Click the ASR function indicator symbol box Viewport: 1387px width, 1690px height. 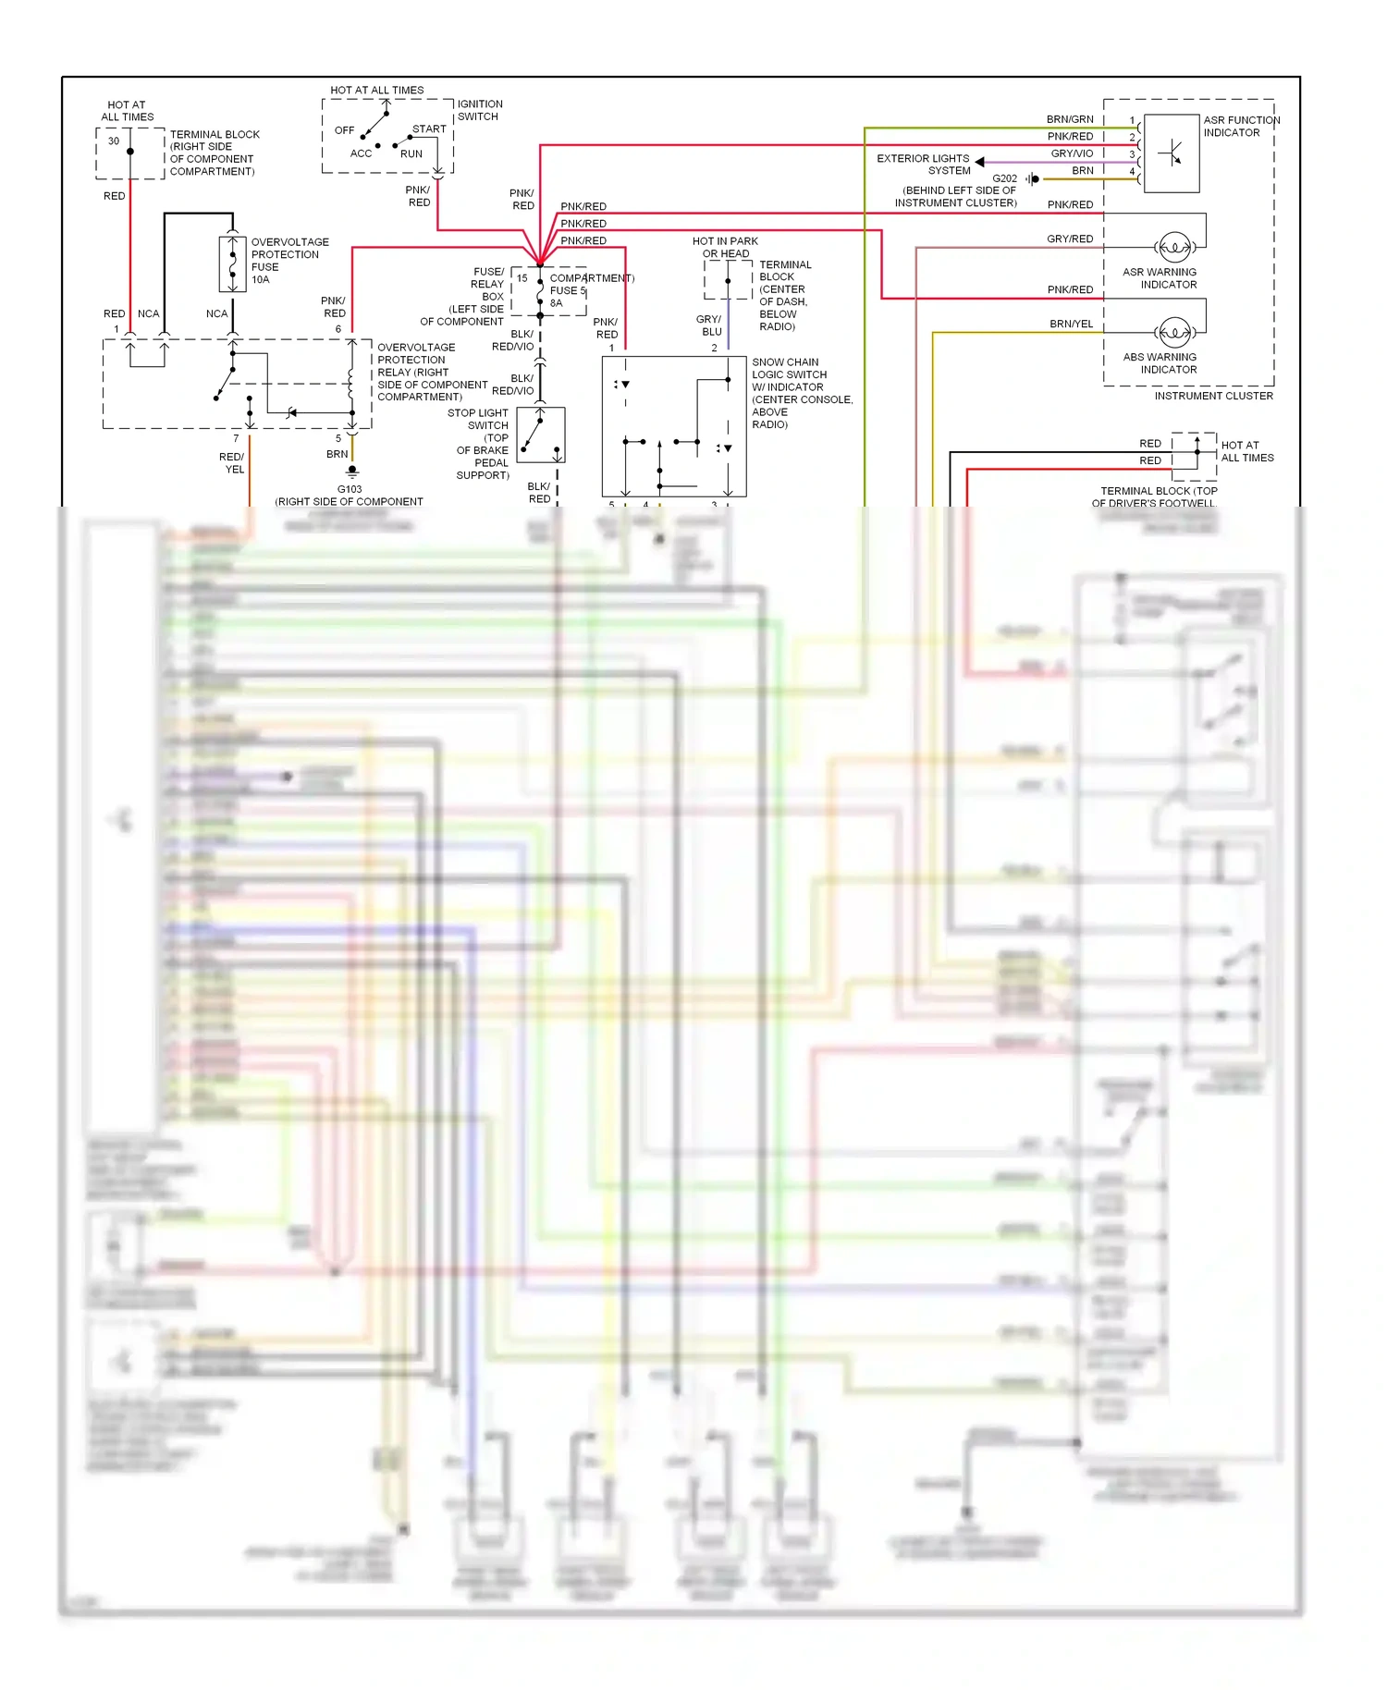(x=1172, y=153)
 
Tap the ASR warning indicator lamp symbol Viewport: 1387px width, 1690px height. (x=1174, y=247)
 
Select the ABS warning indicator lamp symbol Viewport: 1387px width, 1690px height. (x=1174, y=332)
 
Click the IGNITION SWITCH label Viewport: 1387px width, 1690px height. (x=479, y=110)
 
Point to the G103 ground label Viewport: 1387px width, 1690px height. (x=350, y=489)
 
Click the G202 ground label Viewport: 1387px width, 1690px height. (x=1004, y=178)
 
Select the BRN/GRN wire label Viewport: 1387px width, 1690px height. (x=1070, y=119)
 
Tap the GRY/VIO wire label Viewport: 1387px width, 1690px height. (x=1072, y=153)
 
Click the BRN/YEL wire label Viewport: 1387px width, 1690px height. (x=1071, y=324)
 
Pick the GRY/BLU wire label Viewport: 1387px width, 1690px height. (x=709, y=325)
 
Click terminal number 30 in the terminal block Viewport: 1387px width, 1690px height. (x=114, y=141)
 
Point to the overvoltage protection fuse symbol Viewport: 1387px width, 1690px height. (x=232, y=264)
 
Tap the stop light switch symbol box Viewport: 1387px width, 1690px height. (x=541, y=435)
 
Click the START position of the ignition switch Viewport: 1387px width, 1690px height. (x=429, y=129)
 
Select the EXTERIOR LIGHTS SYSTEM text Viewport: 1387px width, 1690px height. (x=923, y=165)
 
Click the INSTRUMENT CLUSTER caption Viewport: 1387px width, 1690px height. (x=1213, y=396)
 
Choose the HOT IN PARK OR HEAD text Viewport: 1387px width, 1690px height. (x=725, y=247)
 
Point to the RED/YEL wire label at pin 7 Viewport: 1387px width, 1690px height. (x=232, y=463)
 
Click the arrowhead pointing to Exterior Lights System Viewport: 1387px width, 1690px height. (x=979, y=162)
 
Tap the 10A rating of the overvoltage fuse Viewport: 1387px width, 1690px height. (x=260, y=279)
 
